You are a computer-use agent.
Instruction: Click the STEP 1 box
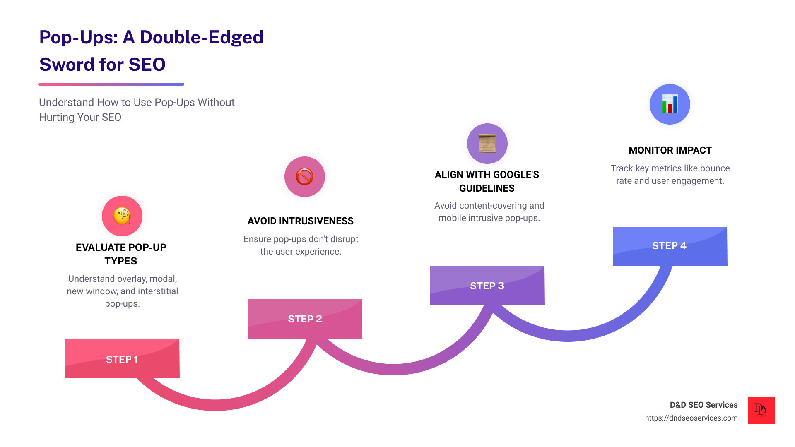point(122,358)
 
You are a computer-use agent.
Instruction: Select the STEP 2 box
point(305,319)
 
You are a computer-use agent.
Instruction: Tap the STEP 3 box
point(487,286)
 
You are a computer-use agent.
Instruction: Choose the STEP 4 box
point(670,246)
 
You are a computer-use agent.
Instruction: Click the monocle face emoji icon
point(122,216)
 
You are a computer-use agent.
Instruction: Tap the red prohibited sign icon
point(304,177)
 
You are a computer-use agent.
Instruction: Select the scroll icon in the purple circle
point(487,143)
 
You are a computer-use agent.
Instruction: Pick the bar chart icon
point(670,104)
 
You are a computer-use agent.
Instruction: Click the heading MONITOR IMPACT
point(670,150)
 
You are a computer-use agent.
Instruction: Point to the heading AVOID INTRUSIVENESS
point(301,221)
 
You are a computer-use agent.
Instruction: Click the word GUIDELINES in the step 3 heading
point(487,188)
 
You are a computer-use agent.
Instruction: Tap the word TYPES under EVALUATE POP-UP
point(120,261)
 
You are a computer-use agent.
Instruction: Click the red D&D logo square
point(761,410)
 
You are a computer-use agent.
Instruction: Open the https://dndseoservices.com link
point(691,418)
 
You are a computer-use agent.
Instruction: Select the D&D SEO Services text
point(703,405)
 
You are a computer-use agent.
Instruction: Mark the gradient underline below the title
point(111,84)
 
